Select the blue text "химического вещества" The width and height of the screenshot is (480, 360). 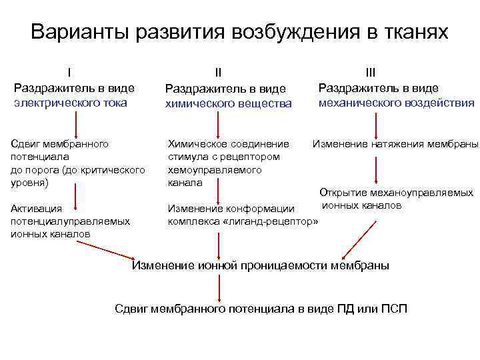[229, 104]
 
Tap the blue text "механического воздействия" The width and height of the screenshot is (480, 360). [397, 103]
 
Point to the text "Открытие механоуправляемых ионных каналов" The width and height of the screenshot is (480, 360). [396, 199]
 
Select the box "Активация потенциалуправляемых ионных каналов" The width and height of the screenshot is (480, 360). [70, 221]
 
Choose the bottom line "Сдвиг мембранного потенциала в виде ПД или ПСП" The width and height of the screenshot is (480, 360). [261, 309]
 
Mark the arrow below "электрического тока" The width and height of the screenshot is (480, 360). [76, 124]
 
